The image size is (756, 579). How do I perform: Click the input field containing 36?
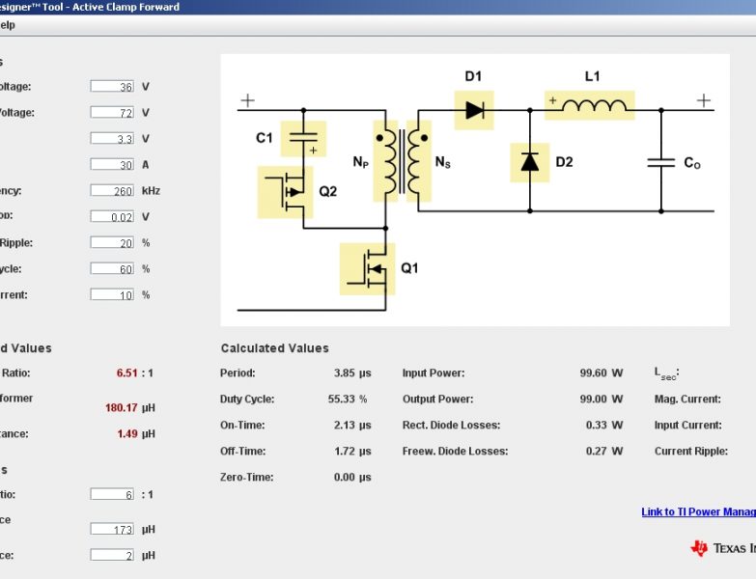click(112, 87)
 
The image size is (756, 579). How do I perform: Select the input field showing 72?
click(112, 113)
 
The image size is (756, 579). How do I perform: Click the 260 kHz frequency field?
click(112, 191)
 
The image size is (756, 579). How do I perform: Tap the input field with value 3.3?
click(112, 139)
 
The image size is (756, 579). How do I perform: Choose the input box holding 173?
click(112, 529)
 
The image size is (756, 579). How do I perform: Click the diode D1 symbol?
click(473, 110)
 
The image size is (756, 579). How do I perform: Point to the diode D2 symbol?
click(529, 161)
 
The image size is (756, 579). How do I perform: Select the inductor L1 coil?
click(590, 105)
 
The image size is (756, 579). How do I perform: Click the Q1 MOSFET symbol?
click(368, 268)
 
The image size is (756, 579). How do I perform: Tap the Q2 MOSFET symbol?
click(287, 191)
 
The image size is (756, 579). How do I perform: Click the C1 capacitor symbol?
click(303, 138)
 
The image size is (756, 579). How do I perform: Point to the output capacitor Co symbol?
click(661, 163)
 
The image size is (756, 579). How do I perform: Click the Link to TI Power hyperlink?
click(698, 512)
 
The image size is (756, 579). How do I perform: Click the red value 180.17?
click(123, 407)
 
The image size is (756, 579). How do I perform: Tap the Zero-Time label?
click(246, 477)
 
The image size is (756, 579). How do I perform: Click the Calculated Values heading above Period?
click(274, 348)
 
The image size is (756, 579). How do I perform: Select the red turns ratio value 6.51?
click(127, 373)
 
